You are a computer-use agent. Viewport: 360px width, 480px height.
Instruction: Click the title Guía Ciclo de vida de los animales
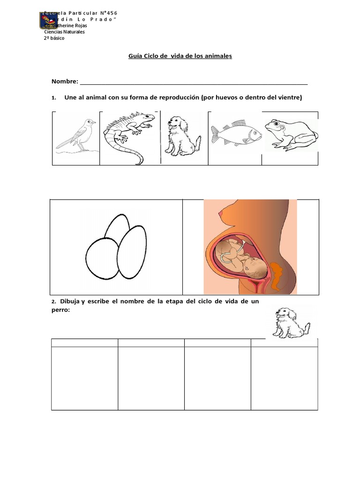180,56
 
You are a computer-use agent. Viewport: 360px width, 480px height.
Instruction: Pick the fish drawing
236,134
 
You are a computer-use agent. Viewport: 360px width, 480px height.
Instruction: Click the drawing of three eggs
117,247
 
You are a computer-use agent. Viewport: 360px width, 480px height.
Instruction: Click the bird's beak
94,122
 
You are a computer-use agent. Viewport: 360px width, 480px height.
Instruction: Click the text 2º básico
54,38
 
